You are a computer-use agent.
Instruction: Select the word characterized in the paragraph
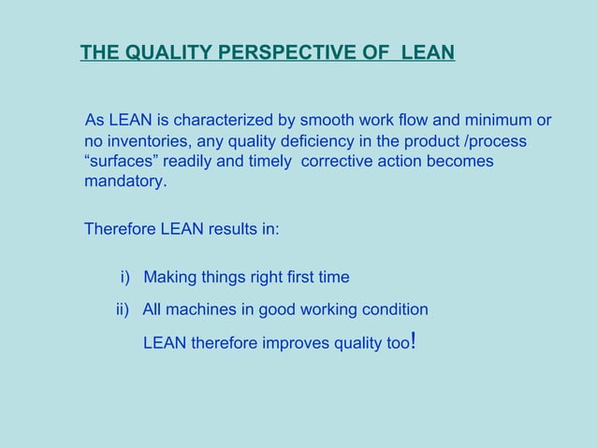coord(225,121)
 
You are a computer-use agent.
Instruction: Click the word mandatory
coord(124,181)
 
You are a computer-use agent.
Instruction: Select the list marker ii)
coord(122,310)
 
